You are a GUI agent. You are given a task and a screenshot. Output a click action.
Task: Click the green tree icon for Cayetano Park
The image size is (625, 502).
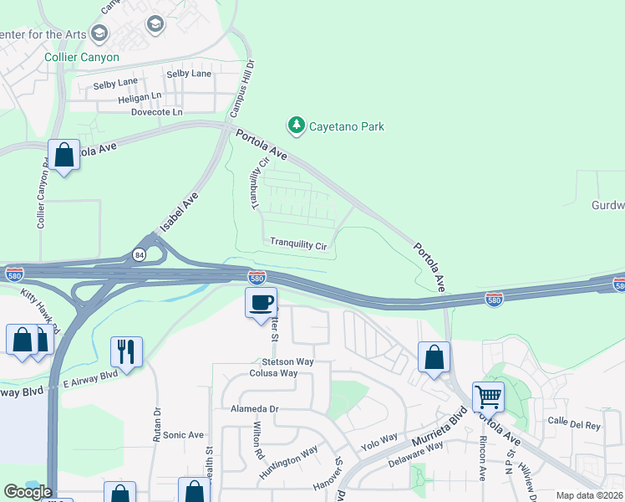(x=296, y=125)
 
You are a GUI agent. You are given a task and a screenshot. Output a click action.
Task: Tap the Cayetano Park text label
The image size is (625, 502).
(x=347, y=127)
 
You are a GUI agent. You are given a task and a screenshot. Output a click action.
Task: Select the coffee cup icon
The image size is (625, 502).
(x=261, y=301)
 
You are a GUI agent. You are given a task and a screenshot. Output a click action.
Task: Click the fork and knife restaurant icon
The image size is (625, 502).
(x=126, y=351)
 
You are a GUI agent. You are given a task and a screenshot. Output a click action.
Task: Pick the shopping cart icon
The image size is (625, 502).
(x=488, y=396)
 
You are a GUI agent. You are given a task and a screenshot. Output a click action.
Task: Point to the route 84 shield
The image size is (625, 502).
(x=139, y=255)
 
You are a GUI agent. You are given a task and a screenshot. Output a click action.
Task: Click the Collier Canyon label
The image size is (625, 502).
(x=83, y=58)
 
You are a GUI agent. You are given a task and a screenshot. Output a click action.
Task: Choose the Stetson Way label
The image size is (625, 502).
(x=263, y=361)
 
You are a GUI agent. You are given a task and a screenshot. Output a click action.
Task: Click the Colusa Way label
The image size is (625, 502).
(x=273, y=373)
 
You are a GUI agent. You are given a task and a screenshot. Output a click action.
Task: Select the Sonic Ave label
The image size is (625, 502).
(x=184, y=435)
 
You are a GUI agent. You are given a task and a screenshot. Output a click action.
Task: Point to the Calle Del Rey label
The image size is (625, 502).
(x=574, y=424)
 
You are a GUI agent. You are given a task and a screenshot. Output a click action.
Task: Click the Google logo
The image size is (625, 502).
(x=28, y=492)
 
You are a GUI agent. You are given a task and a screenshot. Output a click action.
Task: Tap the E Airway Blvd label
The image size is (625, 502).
(x=90, y=377)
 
